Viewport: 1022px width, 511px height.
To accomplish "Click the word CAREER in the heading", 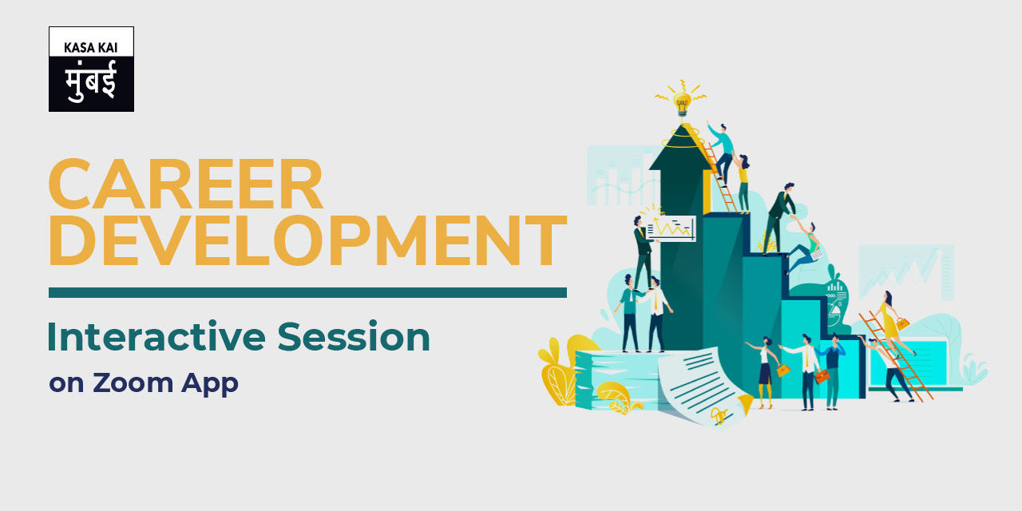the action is (186, 184).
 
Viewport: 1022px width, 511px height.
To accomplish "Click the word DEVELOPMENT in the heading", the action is (308, 240).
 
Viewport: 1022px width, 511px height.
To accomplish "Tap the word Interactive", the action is (156, 337).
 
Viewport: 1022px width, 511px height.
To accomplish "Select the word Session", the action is (354, 337).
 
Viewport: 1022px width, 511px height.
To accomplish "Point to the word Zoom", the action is (133, 382).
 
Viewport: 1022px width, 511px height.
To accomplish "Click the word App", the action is (210, 383).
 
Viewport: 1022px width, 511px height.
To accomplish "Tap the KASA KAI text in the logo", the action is (91, 47).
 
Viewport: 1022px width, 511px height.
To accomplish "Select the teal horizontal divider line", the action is (307, 292).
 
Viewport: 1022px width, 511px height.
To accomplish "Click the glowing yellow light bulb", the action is (682, 103).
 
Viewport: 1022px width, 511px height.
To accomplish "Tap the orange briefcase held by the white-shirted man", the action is (822, 377).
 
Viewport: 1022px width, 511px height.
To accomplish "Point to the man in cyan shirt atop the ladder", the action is (723, 152).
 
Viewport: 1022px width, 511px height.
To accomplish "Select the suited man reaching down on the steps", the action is (780, 218).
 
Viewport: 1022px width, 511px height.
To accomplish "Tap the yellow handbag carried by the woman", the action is (902, 323).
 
